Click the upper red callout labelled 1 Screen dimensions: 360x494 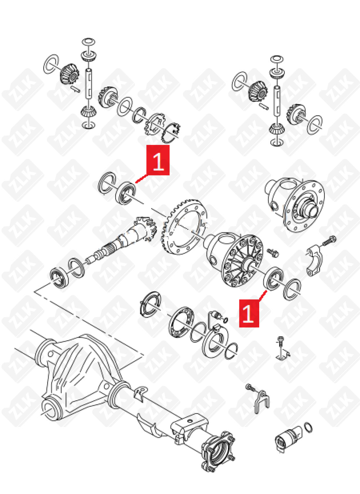coord(158,160)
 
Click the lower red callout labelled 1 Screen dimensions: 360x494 coord(249,313)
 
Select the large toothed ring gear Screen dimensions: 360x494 coord(185,227)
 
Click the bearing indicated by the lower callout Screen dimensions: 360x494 coord(274,278)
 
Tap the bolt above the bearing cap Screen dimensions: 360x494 coord(329,240)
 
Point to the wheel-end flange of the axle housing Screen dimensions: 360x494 coord(218,450)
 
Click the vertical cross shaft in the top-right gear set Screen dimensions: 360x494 coord(277,100)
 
